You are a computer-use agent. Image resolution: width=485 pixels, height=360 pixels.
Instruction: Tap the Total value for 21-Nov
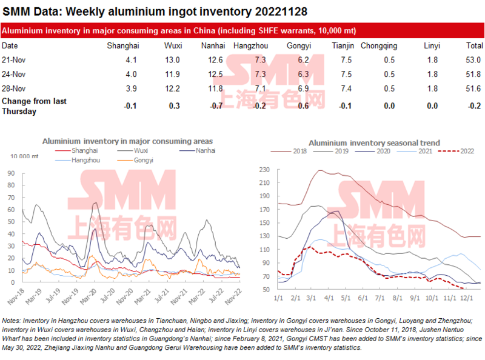coord(473,59)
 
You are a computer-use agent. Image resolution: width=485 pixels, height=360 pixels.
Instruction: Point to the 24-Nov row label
coord(14,74)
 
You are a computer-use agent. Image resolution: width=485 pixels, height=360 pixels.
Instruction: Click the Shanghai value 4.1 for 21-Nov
coord(131,59)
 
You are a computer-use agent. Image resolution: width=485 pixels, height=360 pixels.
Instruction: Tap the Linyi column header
coord(431,45)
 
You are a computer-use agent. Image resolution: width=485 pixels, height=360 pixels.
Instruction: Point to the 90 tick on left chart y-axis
coord(11,173)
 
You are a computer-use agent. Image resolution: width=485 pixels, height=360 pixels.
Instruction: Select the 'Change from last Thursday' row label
coord(34,106)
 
